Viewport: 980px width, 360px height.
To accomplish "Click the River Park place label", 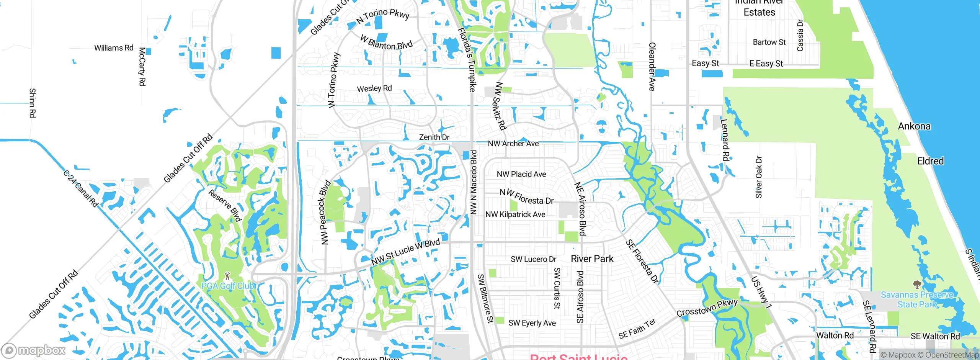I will point(592,259).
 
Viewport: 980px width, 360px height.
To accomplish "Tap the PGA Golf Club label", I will point(228,286).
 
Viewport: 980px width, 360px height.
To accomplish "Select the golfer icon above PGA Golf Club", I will point(228,275).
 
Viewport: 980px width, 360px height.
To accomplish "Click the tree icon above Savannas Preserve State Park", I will point(917,284).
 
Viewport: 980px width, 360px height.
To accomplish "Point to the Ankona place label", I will point(914,126).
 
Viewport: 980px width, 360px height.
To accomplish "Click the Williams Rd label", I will point(114,48).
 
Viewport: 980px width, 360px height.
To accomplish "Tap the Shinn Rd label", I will point(33,103).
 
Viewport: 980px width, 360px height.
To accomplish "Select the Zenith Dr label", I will point(434,137).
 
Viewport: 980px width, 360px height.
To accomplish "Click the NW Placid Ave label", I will point(521,174).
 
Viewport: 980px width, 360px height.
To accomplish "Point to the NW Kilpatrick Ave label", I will point(515,214).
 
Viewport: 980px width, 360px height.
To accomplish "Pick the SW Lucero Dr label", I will point(533,259).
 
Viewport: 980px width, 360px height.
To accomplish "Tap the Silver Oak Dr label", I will point(759,177).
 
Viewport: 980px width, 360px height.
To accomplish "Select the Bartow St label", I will point(769,42).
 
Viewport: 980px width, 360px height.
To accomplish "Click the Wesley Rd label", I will point(374,88).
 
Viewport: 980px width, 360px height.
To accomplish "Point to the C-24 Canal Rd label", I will point(81,189).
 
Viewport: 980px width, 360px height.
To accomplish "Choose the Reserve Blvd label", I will point(225,205).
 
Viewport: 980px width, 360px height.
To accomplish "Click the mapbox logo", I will point(34,350).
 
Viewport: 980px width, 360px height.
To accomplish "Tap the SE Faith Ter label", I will point(637,329).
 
